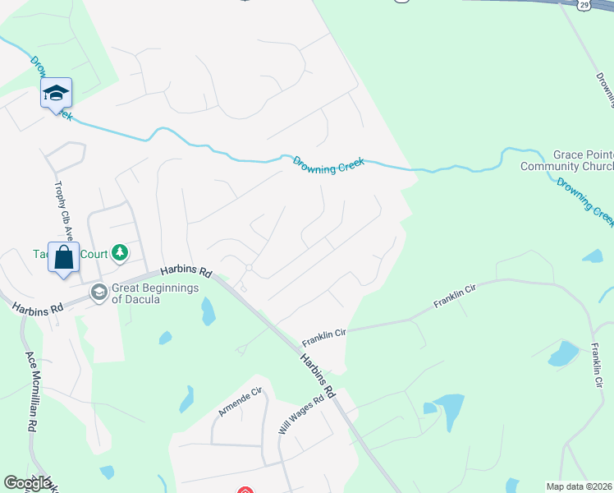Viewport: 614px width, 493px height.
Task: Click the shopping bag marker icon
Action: (63, 258)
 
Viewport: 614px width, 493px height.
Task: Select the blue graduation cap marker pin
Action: (57, 94)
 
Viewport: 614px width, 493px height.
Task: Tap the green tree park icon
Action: (120, 251)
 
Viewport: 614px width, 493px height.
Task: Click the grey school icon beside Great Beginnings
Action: (99, 293)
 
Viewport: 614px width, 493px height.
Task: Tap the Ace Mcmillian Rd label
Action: (32, 392)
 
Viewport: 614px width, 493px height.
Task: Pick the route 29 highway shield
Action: (582, 5)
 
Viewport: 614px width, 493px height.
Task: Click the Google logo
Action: (27, 483)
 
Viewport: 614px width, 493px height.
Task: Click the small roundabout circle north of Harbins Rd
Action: (248, 268)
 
